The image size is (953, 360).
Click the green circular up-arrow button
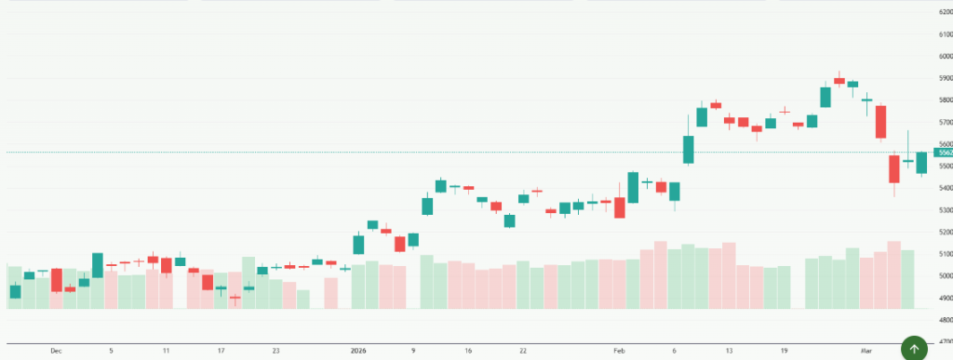tap(914, 349)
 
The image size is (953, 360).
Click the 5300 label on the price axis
tap(946, 210)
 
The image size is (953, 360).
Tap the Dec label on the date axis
tap(56, 351)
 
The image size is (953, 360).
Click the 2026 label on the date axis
tap(358, 351)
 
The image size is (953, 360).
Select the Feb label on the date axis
tap(619, 351)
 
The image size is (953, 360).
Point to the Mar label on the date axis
tap(866, 351)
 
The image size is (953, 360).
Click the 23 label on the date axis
tap(276, 351)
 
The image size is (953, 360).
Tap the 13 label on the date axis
tap(730, 351)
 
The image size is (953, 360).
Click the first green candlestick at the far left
tap(15, 291)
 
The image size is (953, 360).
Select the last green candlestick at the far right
tap(921, 163)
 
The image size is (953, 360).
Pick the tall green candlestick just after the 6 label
tap(689, 150)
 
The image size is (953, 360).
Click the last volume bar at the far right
tap(907, 279)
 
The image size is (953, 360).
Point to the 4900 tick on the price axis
tap(946, 298)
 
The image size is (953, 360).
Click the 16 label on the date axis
tap(468, 351)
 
